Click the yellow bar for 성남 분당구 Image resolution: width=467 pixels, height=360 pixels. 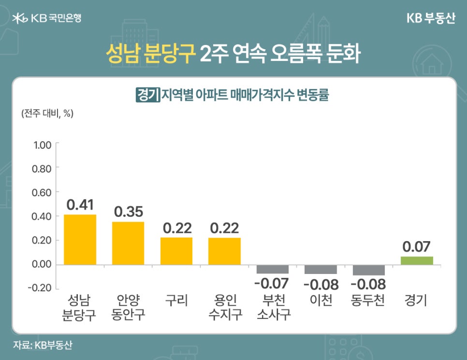point(80,239)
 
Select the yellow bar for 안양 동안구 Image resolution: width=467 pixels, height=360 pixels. point(128,243)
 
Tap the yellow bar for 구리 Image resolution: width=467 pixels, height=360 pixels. point(176,251)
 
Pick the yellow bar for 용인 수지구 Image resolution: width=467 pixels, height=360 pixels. point(224,251)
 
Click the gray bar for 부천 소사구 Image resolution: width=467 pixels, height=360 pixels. point(272,269)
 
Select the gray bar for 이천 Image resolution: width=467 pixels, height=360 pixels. point(321,270)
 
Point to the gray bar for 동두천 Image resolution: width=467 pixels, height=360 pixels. point(368,270)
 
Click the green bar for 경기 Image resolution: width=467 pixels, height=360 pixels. point(417,260)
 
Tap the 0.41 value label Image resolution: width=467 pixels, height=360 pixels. point(80,204)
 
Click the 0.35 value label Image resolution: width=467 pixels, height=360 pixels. point(128,212)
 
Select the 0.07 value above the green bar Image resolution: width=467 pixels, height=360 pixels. point(417,247)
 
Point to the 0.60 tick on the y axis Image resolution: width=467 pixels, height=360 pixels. point(42,192)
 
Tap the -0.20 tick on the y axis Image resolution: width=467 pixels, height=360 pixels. point(41,288)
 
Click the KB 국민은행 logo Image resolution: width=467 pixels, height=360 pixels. point(47,18)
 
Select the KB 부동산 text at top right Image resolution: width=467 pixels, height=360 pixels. point(430,18)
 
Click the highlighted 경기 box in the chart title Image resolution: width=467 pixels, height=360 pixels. point(147,94)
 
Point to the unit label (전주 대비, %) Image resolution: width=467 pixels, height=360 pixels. point(47,114)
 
